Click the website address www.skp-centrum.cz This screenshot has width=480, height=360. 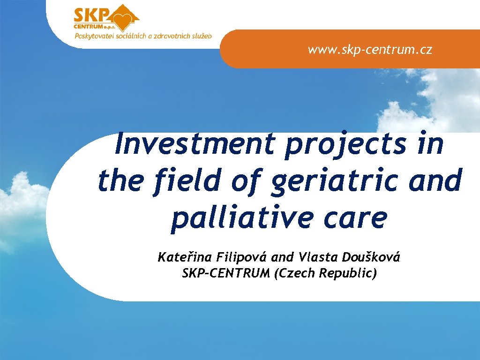pos(370,50)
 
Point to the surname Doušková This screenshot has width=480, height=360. pos(372,257)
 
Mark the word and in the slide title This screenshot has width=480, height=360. pos(435,180)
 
